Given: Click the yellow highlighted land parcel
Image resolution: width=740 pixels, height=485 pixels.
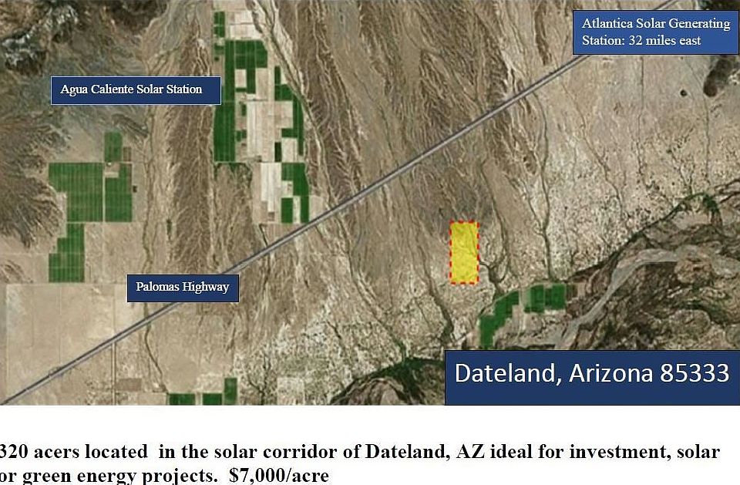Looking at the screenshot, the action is coord(464,253).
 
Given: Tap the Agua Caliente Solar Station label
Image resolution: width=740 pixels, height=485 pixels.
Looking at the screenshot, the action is coord(136,90).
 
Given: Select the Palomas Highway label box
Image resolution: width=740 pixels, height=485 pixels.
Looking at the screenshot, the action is coord(183,288).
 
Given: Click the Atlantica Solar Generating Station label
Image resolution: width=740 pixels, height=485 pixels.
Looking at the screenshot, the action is coord(656,32).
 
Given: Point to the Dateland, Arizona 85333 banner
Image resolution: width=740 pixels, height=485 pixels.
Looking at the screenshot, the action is coord(592,377).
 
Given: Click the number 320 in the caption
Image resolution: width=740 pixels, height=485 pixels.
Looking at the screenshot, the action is coord(13,452).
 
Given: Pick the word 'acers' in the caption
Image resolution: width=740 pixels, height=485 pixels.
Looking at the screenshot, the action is coord(58,453).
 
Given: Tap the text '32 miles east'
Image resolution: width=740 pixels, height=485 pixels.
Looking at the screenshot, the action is coord(664,41).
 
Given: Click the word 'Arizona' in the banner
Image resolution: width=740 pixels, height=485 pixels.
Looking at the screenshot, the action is coord(611,372).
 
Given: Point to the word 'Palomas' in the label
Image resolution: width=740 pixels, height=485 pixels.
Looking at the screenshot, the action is coord(157,287).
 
